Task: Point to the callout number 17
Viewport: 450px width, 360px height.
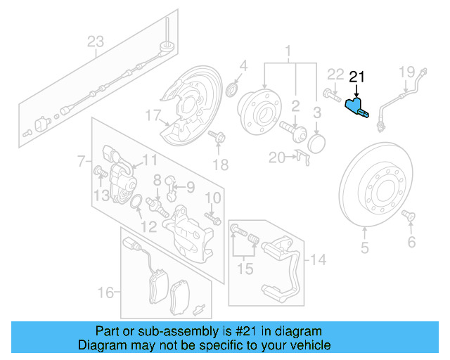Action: click(x=153, y=115)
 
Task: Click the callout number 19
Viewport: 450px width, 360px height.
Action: click(x=407, y=71)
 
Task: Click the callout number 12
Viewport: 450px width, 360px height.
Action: click(x=148, y=226)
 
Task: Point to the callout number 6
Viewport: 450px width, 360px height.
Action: click(x=411, y=243)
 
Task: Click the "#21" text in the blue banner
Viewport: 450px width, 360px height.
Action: click(x=237, y=330)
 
